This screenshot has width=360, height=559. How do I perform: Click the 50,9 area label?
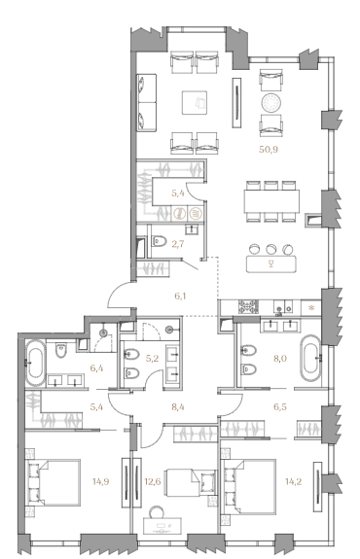tap(269, 150)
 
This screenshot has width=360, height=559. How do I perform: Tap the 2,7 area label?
tap(178, 244)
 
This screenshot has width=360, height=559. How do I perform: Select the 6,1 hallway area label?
tap(179, 296)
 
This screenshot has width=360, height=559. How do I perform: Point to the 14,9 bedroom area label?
tap(100, 481)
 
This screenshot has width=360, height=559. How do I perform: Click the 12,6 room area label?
tap(153, 481)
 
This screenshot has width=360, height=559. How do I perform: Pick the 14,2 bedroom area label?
tap(293, 481)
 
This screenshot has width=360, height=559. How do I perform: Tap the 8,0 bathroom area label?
tap(280, 359)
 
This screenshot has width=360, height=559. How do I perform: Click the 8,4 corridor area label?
tap(178, 406)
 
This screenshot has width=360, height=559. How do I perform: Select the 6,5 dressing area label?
tap(280, 406)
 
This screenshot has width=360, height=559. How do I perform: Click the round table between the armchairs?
tap(270, 103)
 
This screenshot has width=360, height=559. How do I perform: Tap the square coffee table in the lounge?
tap(195, 103)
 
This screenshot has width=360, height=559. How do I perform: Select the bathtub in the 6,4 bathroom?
tap(36, 364)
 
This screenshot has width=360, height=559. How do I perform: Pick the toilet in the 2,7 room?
tap(160, 241)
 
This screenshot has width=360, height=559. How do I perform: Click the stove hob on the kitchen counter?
tap(249, 306)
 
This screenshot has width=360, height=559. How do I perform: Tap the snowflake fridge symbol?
tap(311, 307)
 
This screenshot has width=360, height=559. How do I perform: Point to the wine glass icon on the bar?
tap(271, 263)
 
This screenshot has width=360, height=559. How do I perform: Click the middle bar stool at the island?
tap(271, 249)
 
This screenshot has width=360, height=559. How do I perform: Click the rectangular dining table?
tap(271, 201)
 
